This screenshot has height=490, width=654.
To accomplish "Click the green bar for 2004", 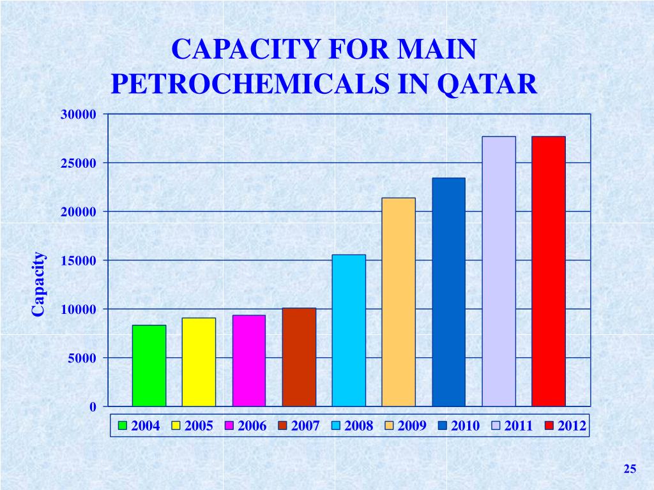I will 149,366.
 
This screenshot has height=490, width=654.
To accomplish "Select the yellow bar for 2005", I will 199,362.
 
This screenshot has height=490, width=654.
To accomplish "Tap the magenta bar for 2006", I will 248,360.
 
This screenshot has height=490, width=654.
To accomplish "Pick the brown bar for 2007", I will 299,357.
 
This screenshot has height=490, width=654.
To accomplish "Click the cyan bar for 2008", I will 349,330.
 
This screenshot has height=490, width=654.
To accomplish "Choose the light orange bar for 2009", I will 399,302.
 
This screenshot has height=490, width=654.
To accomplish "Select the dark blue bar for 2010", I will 448,292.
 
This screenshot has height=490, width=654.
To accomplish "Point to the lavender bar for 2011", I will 499,271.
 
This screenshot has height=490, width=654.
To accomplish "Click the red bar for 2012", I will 549,271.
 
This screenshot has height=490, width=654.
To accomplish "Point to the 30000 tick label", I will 79,114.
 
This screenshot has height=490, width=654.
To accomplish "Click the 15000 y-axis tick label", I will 79,261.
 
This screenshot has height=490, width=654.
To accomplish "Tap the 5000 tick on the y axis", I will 82,359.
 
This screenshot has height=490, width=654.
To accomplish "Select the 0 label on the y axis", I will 93,407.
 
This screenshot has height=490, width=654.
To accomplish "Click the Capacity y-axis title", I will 38,284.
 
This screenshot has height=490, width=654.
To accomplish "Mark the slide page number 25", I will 630,470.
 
